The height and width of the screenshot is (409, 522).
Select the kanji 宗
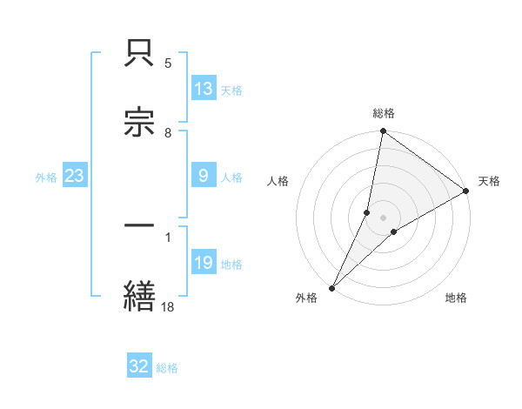click(139, 123)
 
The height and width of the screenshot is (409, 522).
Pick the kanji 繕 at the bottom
click(139, 295)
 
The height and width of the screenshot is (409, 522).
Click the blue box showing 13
click(204, 89)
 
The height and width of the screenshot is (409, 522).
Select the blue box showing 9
click(204, 176)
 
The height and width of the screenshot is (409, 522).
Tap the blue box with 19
click(204, 263)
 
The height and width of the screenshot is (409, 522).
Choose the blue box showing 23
click(75, 176)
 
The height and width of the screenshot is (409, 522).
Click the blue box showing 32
click(139, 366)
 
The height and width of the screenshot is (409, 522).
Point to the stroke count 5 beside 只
click(168, 64)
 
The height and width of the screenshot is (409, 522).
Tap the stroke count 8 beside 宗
click(168, 133)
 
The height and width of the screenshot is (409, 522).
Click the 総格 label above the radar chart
click(384, 113)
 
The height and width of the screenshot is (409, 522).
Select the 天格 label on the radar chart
click(489, 181)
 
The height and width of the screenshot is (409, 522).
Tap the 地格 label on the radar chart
click(456, 298)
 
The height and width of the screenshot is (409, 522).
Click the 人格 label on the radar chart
click(278, 181)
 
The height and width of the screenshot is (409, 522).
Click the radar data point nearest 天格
click(466, 191)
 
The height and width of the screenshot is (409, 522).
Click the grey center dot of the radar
click(384, 218)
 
